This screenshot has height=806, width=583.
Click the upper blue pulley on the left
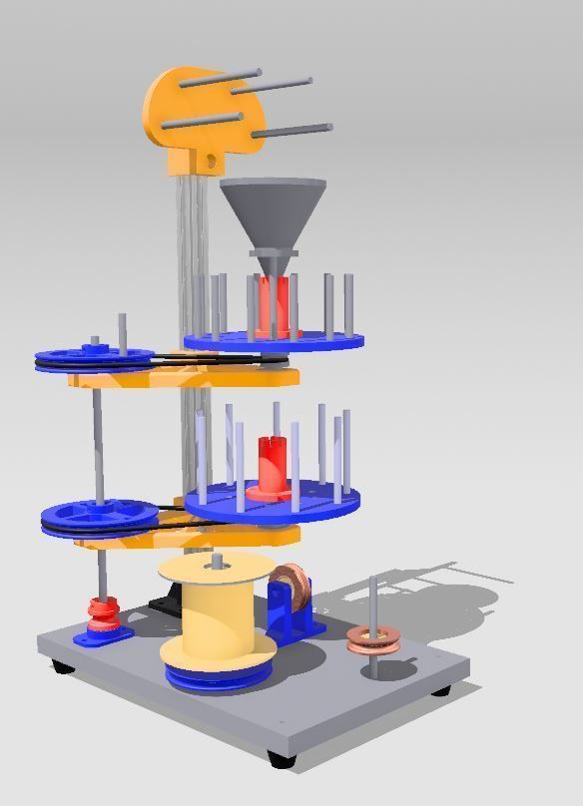[x=95, y=357]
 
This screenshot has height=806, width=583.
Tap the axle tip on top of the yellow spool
[x=217, y=564]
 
